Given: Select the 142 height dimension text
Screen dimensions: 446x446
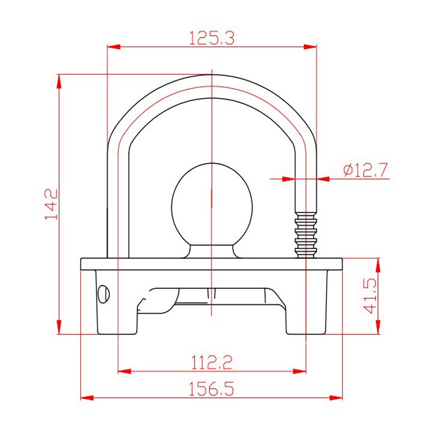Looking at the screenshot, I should [x=51, y=204].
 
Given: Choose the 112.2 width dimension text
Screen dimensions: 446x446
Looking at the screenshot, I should [x=212, y=362].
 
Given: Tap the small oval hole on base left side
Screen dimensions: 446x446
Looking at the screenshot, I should [x=103, y=293].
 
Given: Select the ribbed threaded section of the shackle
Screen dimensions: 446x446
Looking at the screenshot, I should [x=306, y=234].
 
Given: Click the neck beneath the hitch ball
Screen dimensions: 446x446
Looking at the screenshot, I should [x=211, y=250].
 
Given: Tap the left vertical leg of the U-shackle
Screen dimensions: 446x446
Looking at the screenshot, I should [x=118, y=201].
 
